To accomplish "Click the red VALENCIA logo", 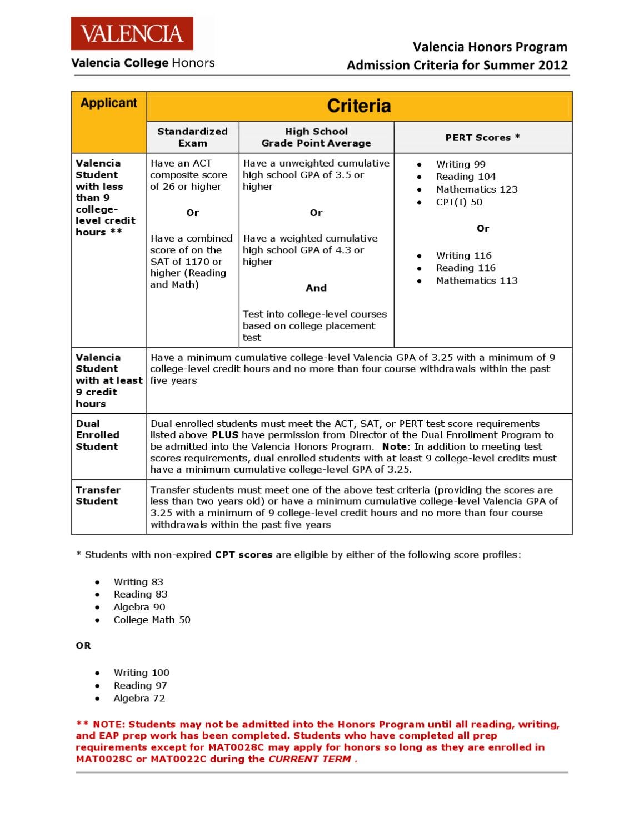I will (x=132, y=34).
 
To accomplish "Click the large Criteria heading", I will (x=358, y=106).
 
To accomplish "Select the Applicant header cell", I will (x=108, y=103).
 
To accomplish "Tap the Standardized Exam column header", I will (x=192, y=137).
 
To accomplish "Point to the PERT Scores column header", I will (x=482, y=137).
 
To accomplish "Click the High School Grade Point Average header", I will (x=316, y=137).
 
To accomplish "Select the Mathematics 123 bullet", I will (x=476, y=189).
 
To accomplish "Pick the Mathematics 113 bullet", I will (x=476, y=280).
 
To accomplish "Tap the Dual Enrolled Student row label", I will (x=98, y=435).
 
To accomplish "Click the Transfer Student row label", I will (x=98, y=495).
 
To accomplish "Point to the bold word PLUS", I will (x=225, y=435).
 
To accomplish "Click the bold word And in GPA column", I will (x=316, y=288).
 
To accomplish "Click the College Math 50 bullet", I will (x=152, y=620).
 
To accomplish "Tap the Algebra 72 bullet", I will (x=139, y=698).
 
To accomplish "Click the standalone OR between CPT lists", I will (x=83, y=645).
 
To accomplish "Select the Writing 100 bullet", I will (x=141, y=673).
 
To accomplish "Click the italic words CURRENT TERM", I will (x=309, y=759).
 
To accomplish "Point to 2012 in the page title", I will (x=553, y=65).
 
